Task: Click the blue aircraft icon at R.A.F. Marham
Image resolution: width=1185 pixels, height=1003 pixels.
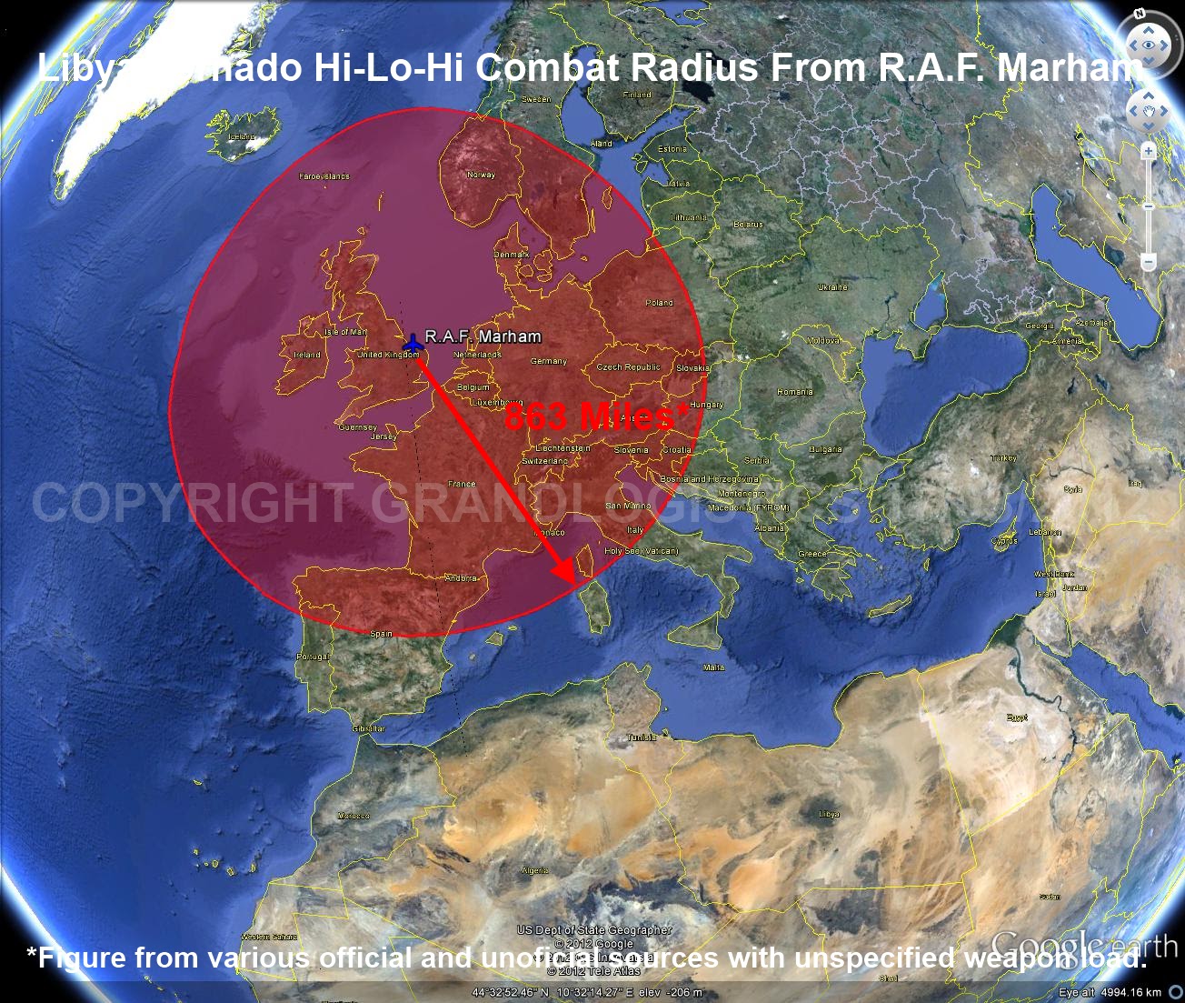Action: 413,344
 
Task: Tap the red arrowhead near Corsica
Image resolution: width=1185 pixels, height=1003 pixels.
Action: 566,572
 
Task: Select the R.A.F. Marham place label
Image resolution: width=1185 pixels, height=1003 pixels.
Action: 483,336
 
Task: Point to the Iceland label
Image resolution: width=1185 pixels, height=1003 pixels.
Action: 242,136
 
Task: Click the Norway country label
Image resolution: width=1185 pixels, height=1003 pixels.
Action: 481,175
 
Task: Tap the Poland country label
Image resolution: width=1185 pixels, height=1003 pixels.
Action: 659,302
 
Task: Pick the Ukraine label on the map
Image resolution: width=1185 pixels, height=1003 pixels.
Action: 831,287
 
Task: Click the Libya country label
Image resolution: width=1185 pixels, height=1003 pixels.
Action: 829,815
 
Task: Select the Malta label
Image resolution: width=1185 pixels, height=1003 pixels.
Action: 714,667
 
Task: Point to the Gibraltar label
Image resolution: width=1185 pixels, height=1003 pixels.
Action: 369,728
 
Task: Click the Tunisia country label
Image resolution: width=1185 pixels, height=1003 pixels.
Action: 642,737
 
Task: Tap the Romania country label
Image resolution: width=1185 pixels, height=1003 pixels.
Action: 794,392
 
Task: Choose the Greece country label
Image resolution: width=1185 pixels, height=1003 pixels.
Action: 812,554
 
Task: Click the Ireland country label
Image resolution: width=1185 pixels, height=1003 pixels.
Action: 307,355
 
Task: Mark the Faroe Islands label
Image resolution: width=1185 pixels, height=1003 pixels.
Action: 324,176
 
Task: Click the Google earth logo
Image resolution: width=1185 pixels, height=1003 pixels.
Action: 1083,946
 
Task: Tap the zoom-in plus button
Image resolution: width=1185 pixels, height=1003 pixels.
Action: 1149,151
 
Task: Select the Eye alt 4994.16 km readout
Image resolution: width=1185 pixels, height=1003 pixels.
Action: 1110,992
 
